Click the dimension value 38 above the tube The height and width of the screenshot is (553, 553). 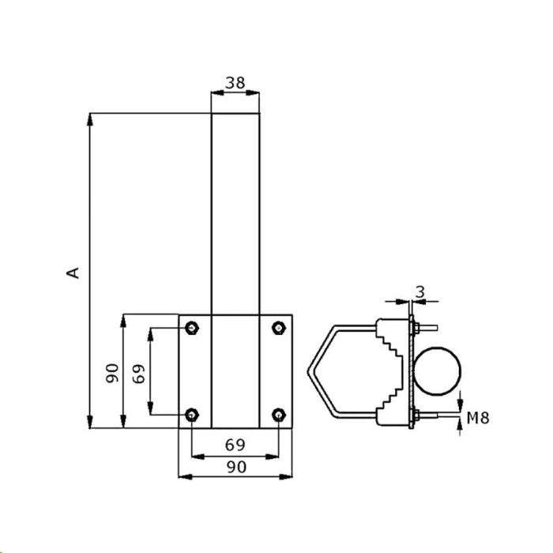[235, 83]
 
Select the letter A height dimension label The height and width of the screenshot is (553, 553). [73, 273]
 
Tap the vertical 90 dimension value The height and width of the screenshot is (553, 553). [112, 373]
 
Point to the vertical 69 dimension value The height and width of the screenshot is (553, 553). [138, 374]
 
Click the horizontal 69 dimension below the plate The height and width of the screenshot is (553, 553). [235, 445]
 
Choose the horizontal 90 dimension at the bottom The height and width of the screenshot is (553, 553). [236, 467]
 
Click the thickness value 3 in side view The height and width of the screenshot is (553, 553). [420, 292]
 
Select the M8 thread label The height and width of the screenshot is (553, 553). [478, 418]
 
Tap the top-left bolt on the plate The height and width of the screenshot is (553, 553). [191, 328]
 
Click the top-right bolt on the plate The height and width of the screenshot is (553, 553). [279, 328]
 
